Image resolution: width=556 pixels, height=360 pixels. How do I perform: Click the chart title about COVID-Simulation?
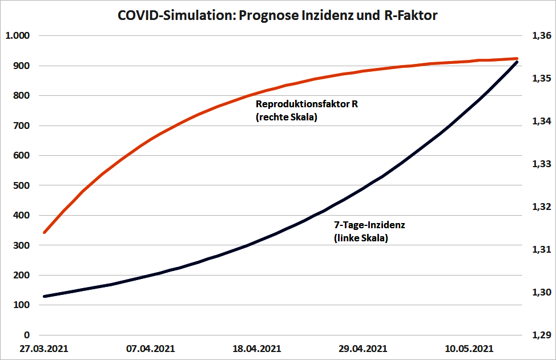coord(277,15)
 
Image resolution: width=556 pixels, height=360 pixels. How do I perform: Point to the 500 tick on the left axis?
coord(21,185)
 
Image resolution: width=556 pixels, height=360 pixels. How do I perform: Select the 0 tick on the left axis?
coord(26,335)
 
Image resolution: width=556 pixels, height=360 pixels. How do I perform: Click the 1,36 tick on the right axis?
coord(541,36)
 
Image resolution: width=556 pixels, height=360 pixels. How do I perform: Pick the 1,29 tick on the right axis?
coord(541,335)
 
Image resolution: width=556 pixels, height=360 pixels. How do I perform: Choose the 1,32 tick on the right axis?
coord(541,207)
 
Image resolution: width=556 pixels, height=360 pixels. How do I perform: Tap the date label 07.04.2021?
coord(151,348)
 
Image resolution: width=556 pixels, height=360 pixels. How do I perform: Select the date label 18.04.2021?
coord(258,348)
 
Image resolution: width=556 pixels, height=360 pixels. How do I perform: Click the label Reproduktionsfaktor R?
coord(307,104)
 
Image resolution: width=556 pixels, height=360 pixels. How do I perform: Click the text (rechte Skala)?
coord(286,118)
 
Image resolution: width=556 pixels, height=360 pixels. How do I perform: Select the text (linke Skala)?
coord(361,238)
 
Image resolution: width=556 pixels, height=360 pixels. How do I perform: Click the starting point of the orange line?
coord(45,232)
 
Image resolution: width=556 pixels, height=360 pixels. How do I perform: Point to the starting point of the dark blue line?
coord(45,296)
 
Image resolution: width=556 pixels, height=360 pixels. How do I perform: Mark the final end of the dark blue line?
coord(517,62)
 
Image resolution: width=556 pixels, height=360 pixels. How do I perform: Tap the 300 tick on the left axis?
coord(21,245)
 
